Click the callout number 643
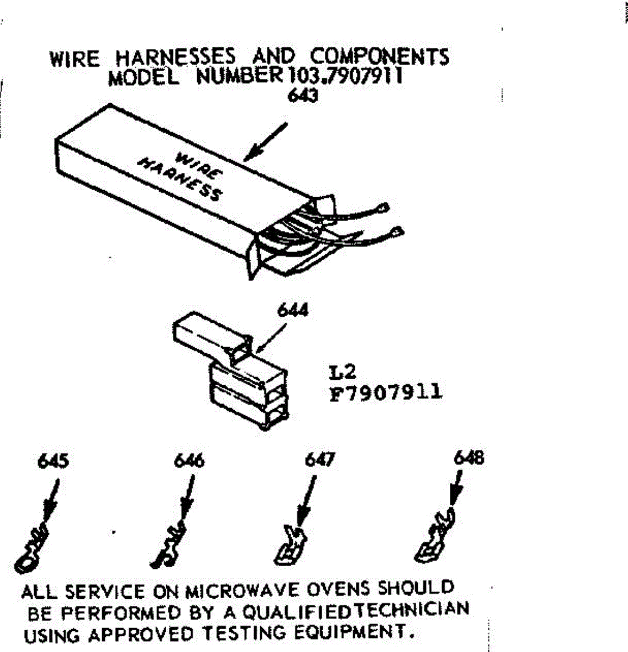pos(303,96)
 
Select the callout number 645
pos(53,461)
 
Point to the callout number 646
pos(189,461)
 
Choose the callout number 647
pos(320,460)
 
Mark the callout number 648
pos(468,458)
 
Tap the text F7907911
pos(386,392)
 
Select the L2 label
pos(342,372)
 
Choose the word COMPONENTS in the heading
pos(380,57)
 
